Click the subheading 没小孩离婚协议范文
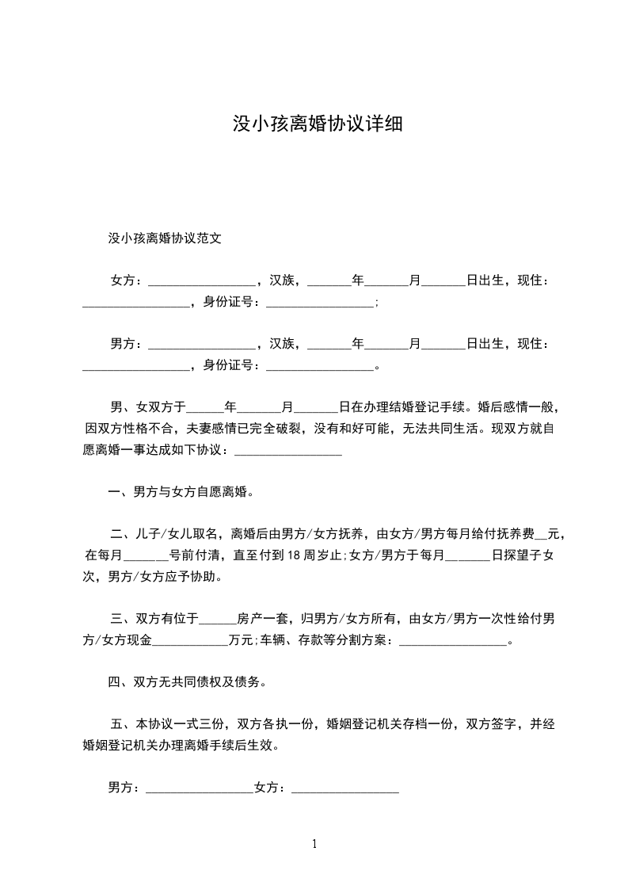[164, 237]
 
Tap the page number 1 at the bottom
[314, 845]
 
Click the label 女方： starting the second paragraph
[127, 280]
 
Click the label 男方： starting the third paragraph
[127, 344]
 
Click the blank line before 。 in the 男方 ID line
[319, 367]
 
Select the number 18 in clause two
[293, 555]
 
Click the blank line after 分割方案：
[452, 641]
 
